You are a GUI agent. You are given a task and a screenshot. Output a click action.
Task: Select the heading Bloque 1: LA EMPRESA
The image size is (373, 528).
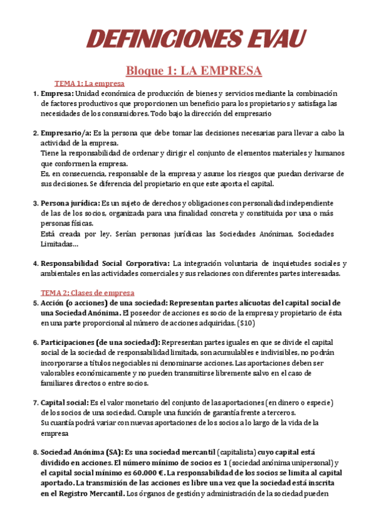tap(194, 70)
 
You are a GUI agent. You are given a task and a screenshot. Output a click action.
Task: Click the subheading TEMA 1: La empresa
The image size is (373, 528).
tap(90, 83)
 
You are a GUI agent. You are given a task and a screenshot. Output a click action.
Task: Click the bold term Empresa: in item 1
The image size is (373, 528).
tap(57, 93)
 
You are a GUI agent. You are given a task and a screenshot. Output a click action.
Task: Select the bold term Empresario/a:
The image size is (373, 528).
tap(67, 133)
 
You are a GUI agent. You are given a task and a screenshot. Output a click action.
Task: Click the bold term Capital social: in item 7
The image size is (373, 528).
tap(65, 402)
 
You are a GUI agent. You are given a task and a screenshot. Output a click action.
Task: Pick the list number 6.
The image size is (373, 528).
tap(35, 342)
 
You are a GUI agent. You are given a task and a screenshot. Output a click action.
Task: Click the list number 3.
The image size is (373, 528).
tap(35, 203)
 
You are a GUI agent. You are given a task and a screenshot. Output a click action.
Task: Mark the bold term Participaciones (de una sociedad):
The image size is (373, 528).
tap(100, 342)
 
